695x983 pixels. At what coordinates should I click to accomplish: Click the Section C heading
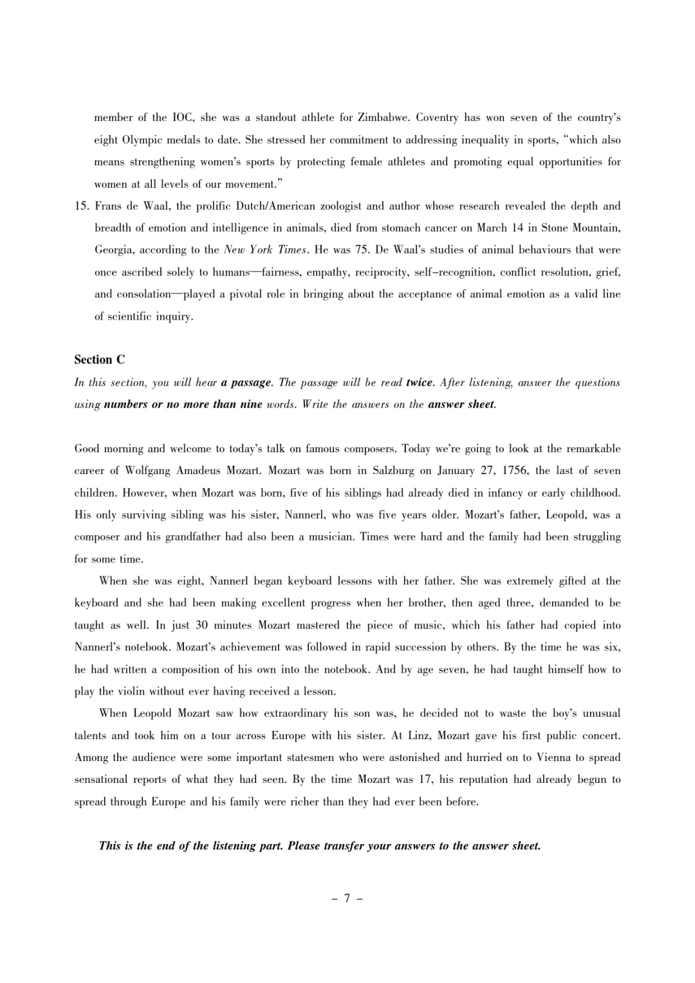point(100,360)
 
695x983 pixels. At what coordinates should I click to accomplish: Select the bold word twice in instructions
point(420,382)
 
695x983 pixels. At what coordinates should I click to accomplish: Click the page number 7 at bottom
point(347,898)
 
